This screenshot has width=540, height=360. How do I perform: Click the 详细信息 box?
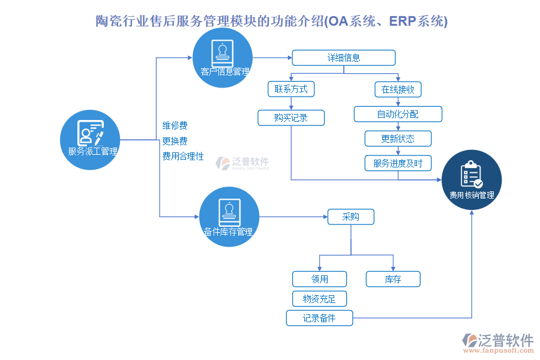pos(344,58)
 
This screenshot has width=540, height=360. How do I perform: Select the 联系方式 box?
pos(291,89)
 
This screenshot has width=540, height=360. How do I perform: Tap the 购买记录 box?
pos(291,118)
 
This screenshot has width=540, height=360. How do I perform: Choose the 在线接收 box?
pos(398,89)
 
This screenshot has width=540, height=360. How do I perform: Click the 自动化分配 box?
pos(398,114)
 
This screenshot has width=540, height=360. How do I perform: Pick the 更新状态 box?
pos(398,139)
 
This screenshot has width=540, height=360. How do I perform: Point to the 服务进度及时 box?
pos(398,163)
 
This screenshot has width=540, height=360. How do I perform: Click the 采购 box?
pos(350,217)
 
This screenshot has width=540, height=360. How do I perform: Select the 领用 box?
pos(320,279)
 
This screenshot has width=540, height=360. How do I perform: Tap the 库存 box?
pos(393,279)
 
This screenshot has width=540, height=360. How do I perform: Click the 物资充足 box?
pos(320,299)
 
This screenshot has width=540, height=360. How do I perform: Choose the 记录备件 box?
pos(319,318)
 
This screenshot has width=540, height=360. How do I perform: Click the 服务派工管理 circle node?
pos(91,140)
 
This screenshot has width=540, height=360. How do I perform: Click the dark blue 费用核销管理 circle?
pos(472,180)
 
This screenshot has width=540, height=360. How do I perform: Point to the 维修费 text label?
pos(175,125)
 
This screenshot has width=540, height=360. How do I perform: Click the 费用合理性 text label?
pos(183,156)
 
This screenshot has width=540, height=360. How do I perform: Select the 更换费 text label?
pos(175,141)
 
